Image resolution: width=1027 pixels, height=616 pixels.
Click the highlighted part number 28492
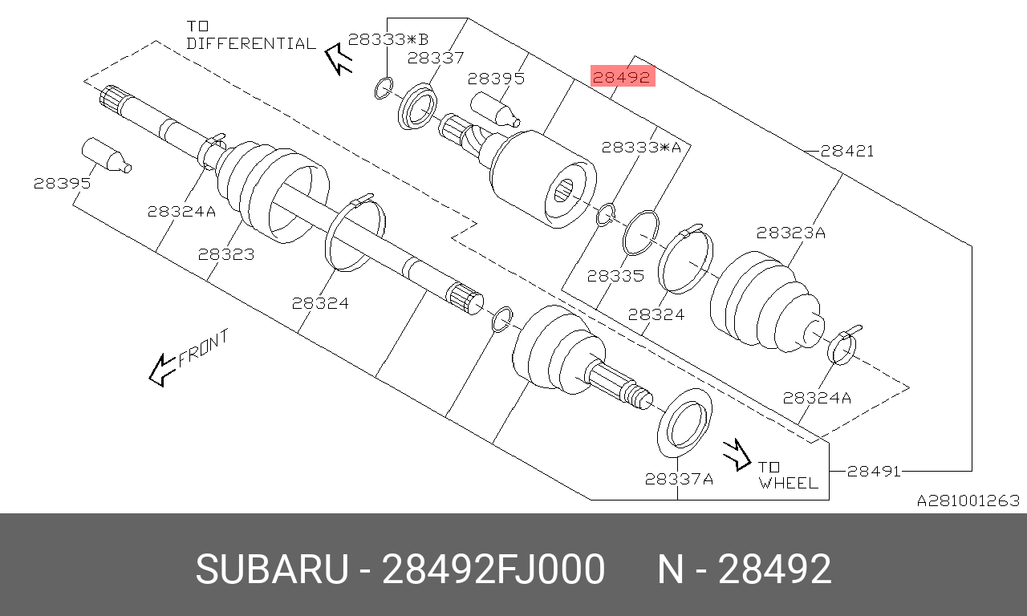pyautogui.click(x=623, y=76)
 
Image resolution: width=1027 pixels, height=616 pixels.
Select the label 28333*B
pyautogui.click(x=388, y=39)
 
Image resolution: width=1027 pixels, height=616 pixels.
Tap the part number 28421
pyautogui.click(x=847, y=151)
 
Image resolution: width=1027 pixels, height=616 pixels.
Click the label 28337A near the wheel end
pyautogui.click(x=679, y=479)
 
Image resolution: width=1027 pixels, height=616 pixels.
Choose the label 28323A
pyautogui.click(x=790, y=233)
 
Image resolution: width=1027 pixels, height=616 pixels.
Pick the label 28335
pyautogui.click(x=615, y=276)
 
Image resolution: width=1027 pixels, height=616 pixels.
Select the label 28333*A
pyautogui.click(x=641, y=148)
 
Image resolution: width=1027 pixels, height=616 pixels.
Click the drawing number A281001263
pyautogui.click(x=968, y=500)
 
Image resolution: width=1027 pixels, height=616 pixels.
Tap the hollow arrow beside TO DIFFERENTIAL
pyautogui.click(x=339, y=58)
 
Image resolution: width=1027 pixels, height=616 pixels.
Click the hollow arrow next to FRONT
pyautogui.click(x=162, y=369)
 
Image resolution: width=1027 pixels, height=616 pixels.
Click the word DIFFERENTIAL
pyautogui.click(x=250, y=43)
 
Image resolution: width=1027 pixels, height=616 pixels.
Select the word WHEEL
pyautogui.click(x=788, y=483)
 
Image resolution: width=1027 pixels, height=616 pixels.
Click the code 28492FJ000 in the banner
pyautogui.click(x=493, y=570)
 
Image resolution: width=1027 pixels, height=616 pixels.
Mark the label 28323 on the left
pyautogui.click(x=226, y=254)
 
